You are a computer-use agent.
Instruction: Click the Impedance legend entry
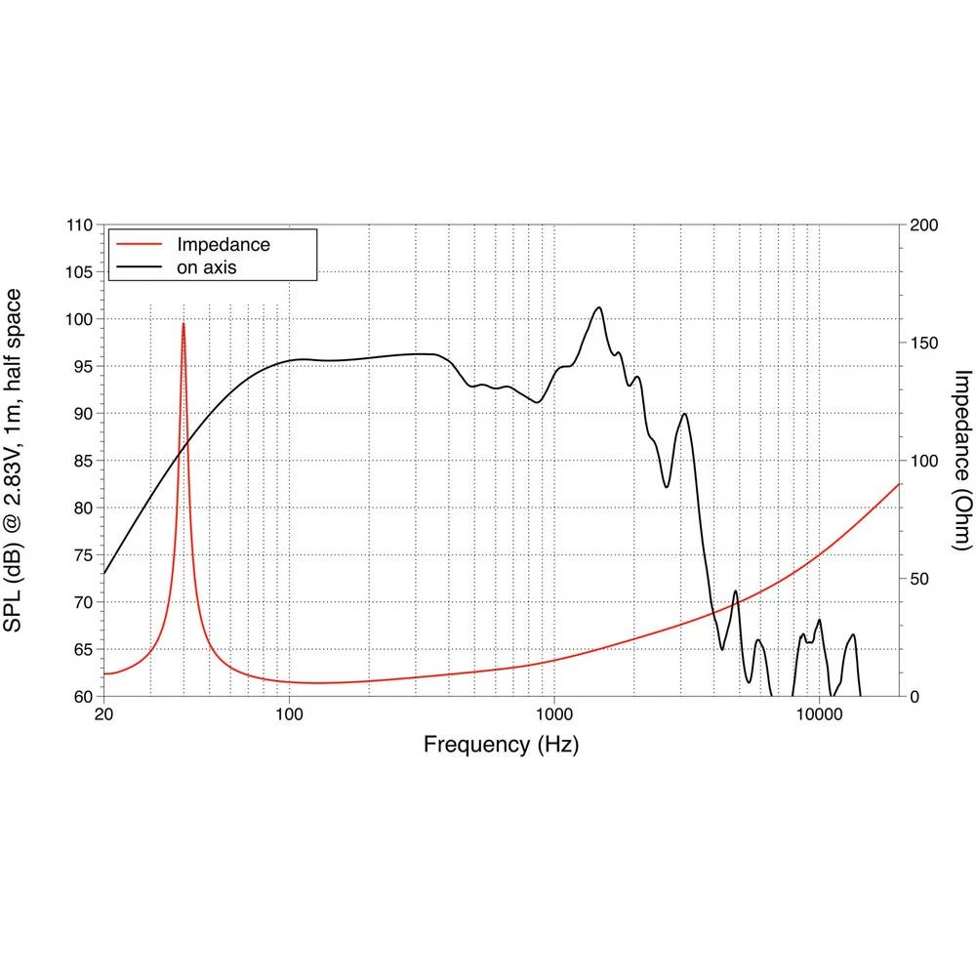223,244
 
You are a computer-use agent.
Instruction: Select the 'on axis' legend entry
207,266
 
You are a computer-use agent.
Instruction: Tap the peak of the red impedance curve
183,323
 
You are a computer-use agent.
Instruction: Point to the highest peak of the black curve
599,307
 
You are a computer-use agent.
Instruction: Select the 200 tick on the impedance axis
923,225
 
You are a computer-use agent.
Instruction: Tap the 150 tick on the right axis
923,344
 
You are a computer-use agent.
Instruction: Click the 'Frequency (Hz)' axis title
501,745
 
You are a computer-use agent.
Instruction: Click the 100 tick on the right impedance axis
923,461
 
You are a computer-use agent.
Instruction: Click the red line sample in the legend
137,244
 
